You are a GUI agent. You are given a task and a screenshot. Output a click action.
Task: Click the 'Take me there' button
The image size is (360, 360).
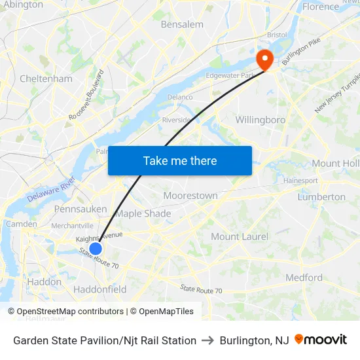coord(180,160)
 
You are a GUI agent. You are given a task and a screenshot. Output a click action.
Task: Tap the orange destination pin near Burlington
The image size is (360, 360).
coord(265,60)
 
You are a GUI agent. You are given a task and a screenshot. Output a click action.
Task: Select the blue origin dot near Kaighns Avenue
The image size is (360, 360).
coord(96,249)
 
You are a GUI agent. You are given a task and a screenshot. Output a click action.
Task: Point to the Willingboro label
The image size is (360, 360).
coord(261,120)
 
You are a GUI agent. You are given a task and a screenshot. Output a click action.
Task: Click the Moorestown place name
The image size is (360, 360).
coord(190,196)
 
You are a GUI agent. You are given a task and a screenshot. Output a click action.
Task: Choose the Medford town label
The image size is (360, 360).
coord(304,278)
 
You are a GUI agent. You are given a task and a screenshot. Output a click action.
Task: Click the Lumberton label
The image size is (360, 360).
coord(321,196)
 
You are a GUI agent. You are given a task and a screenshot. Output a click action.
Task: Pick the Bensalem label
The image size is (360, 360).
coord(182,24)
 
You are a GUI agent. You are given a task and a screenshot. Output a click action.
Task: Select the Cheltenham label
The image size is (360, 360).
coord(46,79)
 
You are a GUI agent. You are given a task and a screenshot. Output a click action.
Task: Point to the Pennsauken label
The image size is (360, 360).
coord(81,209)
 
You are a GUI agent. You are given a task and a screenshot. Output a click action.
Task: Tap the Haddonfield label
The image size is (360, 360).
coord(100,289)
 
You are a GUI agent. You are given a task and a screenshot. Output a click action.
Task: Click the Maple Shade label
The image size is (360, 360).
coord(143,213)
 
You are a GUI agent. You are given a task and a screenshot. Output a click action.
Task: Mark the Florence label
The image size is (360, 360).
coord(321,7)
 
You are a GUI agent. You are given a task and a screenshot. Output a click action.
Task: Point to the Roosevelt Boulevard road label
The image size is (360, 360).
coord(86,94)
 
